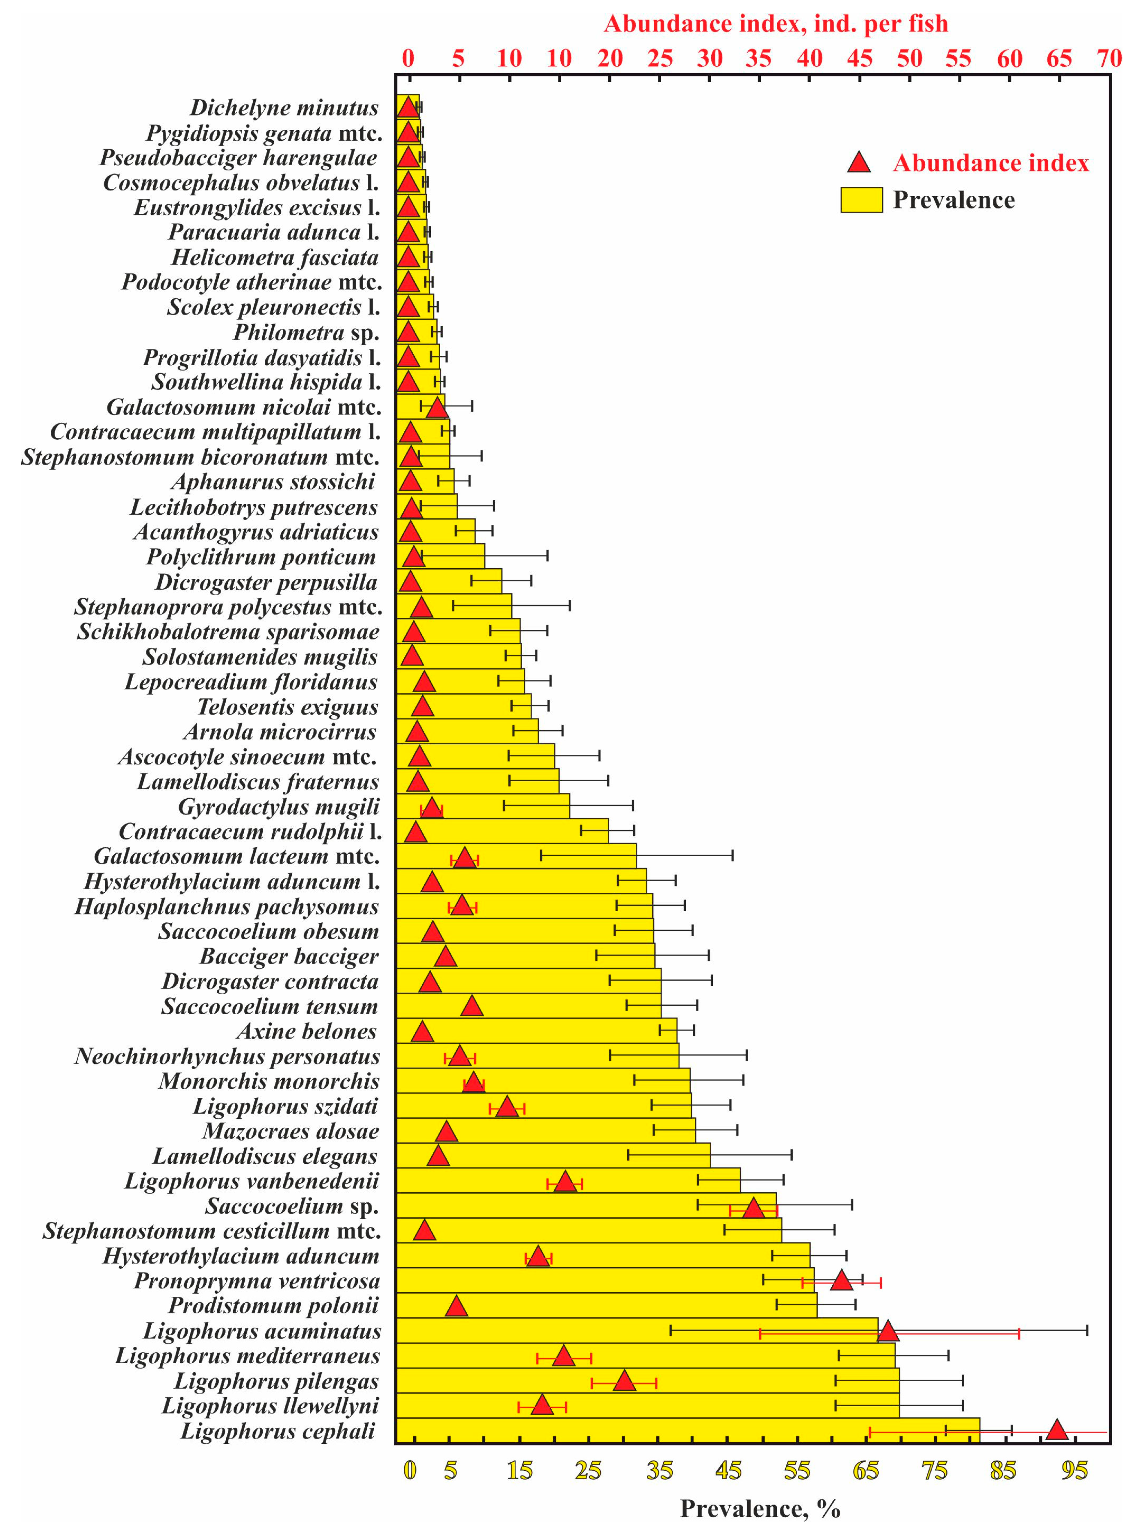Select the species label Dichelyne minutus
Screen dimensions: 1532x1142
[284, 108]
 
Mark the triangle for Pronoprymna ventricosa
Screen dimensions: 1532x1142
[841, 1280]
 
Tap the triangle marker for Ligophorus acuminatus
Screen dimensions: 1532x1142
[888, 1331]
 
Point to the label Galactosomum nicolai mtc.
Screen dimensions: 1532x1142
[243, 407]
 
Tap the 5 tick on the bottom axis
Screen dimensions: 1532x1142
[450, 1470]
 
